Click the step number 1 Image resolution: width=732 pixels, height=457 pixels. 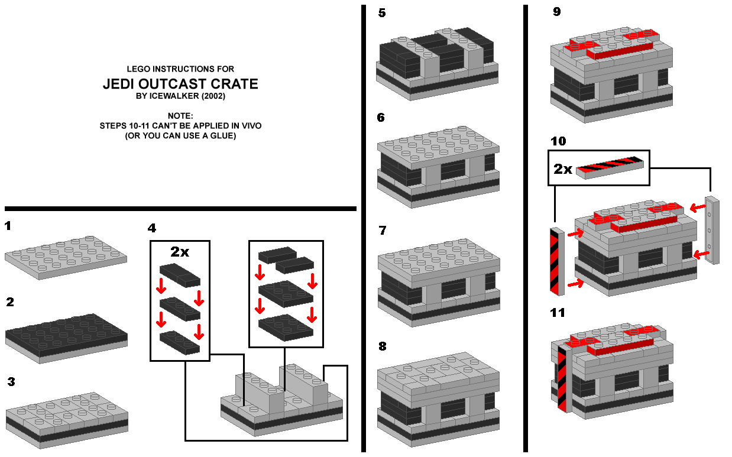pos(7,226)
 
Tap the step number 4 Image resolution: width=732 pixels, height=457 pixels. pos(153,228)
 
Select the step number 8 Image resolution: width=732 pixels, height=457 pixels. pos(383,346)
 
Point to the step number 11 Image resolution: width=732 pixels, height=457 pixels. pos(558,313)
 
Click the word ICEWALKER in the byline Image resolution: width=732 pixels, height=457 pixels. pos(176,96)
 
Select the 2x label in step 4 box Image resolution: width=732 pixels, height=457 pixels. pos(180,251)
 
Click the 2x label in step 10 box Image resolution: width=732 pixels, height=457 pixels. pos(563,169)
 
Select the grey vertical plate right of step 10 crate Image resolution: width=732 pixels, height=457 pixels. pos(712,230)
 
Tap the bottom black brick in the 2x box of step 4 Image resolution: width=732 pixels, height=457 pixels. pos(180,342)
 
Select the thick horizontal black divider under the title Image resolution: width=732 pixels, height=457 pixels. pos(180,208)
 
